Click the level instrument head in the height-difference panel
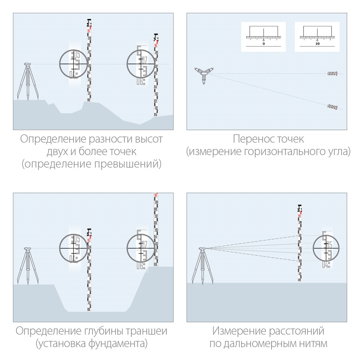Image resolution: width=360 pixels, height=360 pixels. coord(27,65)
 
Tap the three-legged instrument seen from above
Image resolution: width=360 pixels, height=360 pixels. coord(204,74)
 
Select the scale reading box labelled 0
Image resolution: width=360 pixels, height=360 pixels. coord(264,37)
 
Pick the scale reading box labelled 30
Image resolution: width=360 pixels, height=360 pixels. coord(317,37)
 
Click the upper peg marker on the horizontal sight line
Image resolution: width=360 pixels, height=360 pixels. coord(332,74)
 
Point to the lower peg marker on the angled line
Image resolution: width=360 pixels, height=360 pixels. coord(332,107)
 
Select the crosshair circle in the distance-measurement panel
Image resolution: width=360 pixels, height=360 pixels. coord(326,248)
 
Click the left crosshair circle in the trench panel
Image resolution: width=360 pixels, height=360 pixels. coord(73,248)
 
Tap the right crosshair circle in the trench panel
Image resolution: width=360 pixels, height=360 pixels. coord(141,248)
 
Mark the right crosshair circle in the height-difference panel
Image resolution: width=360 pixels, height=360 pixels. coord(141,64)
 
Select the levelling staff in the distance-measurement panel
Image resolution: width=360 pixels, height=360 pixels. coord(300,243)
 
